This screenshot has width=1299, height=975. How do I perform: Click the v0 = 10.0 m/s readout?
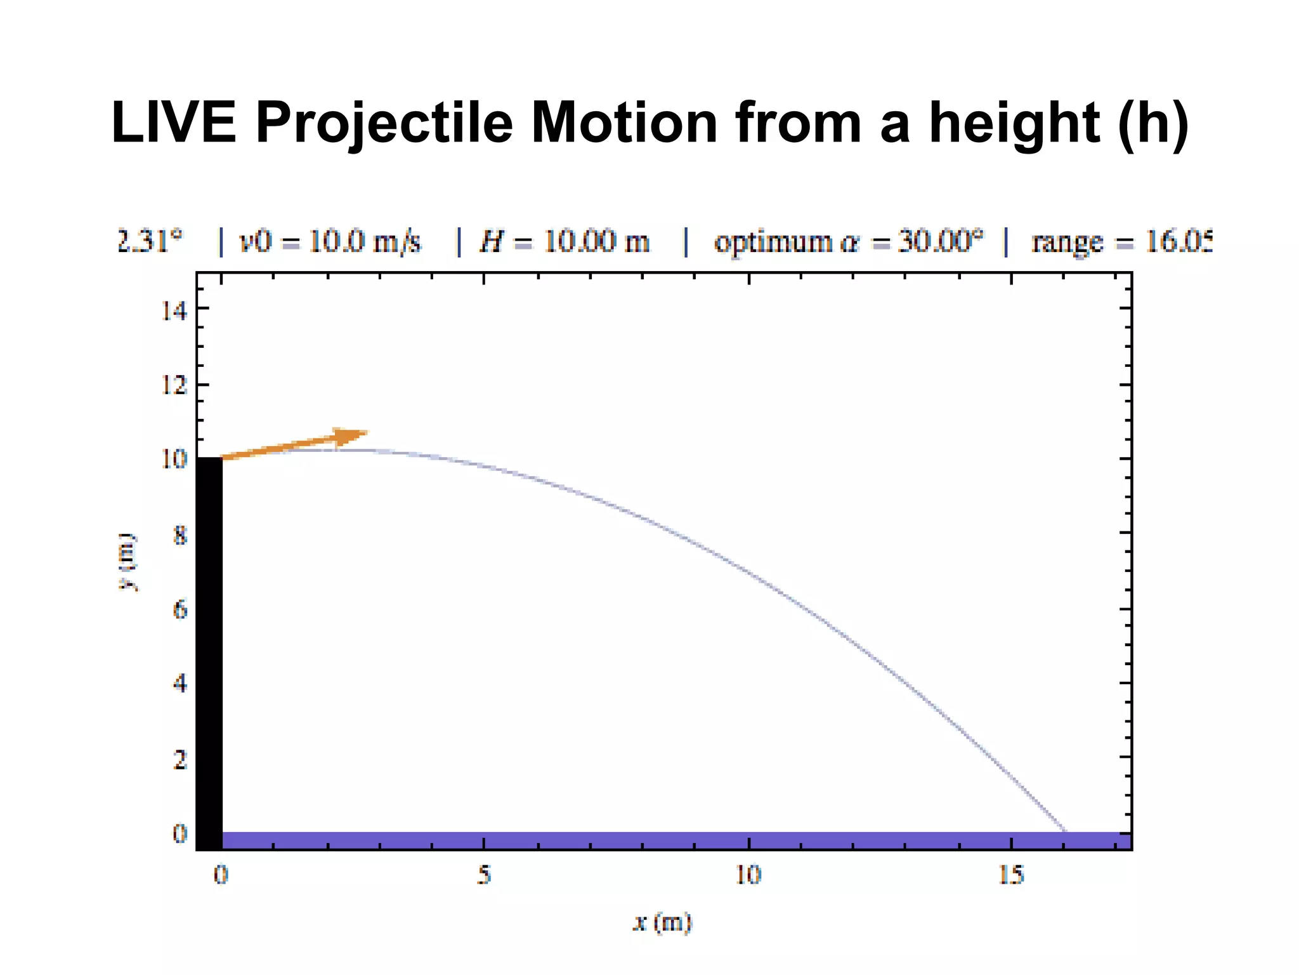[330, 242]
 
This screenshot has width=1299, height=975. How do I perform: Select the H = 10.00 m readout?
[565, 242]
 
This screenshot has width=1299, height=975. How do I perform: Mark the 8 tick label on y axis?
[180, 535]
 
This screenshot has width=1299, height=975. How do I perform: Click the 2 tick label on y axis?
[180, 759]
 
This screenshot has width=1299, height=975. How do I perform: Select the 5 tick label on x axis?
[484, 875]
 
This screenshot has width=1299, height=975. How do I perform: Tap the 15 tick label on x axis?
[1011, 875]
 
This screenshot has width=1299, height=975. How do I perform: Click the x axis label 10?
[748, 875]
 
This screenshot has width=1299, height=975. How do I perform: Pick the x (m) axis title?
[662, 922]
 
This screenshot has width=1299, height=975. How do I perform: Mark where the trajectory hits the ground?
[1065, 830]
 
